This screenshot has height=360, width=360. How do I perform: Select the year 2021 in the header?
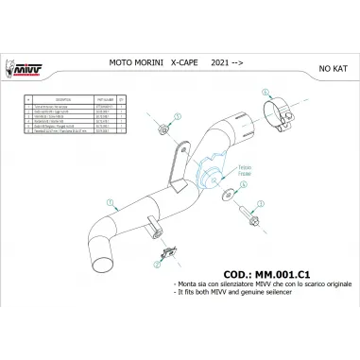(x=217, y=71)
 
